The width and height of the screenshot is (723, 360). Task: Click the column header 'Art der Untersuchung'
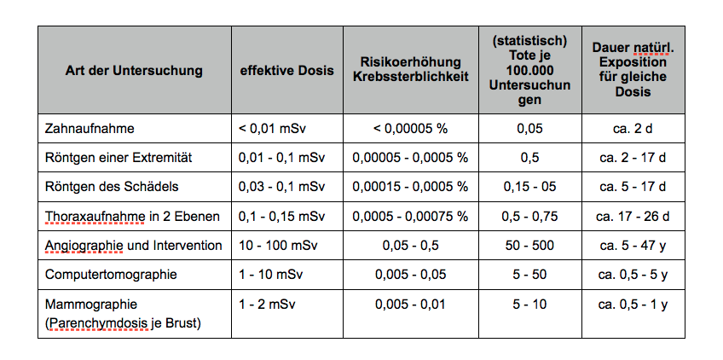click(x=134, y=71)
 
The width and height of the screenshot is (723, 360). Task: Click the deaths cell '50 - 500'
click(x=529, y=246)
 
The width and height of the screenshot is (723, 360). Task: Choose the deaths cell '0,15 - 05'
click(x=529, y=187)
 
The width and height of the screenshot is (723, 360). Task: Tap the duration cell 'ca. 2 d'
click(x=633, y=129)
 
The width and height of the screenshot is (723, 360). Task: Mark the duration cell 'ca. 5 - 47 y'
click(x=633, y=246)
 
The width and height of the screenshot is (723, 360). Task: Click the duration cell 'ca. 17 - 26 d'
click(x=633, y=216)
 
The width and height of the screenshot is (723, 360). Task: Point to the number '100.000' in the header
click(x=529, y=71)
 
